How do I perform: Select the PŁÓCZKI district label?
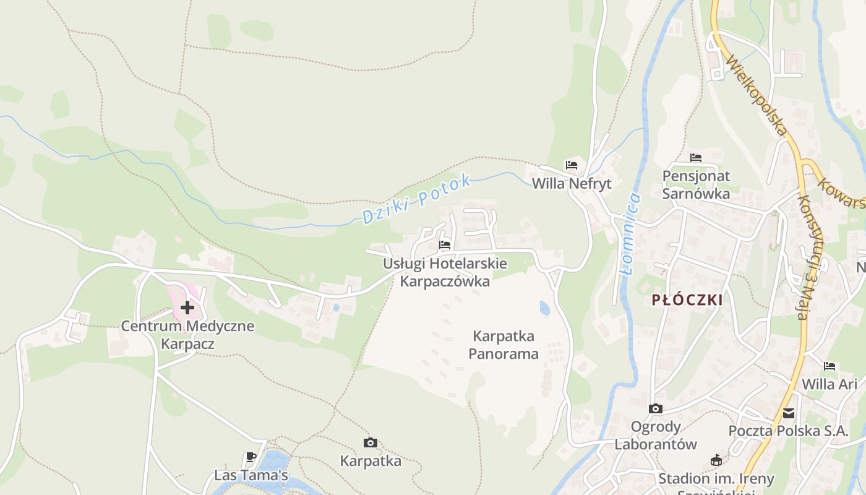(687, 300)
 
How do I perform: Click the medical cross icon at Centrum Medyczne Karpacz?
(187, 307)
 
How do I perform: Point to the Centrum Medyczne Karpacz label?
(187, 335)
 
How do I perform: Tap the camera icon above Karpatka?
(371, 442)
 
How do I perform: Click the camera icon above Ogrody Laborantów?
(655, 408)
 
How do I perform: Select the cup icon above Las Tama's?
(251, 457)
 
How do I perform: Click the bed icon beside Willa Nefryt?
(571, 165)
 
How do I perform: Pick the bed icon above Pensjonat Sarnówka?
(696, 158)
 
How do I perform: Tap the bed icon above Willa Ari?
(830, 366)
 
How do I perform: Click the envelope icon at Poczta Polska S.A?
(788, 413)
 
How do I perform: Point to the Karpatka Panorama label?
(504, 345)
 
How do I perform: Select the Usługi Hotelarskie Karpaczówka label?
(445, 272)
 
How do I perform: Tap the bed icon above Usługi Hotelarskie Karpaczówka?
(445, 245)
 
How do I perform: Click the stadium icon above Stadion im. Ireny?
(716, 460)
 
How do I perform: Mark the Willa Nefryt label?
(572, 184)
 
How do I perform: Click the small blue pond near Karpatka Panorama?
(544, 308)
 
